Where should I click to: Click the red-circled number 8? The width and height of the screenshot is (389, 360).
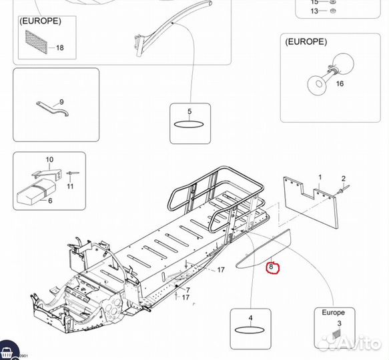[271, 267]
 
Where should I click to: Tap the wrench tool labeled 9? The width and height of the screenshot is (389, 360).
[52, 108]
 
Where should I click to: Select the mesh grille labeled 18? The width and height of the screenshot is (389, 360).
[36, 41]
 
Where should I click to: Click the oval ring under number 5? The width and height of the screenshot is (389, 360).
[189, 124]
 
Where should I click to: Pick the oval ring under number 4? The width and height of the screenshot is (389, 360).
[250, 330]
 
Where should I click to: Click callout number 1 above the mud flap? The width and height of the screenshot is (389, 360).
[320, 177]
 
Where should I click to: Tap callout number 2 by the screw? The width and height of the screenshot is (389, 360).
[344, 179]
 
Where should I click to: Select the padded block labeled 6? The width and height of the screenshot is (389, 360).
[36, 191]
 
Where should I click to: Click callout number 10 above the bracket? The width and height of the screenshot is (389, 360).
[49, 159]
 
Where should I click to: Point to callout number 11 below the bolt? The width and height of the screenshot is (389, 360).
[70, 186]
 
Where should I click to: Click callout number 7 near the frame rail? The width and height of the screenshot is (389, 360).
[187, 289]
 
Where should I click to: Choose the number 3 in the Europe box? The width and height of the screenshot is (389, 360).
[339, 323]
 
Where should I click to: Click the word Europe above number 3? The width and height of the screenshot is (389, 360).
[333, 313]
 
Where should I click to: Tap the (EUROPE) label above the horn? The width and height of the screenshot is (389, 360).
[306, 41]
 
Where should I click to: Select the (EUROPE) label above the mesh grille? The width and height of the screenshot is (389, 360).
[40, 21]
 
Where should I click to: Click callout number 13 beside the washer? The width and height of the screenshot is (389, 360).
[314, 11]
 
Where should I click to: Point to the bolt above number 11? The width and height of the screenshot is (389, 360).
[73, 173]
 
